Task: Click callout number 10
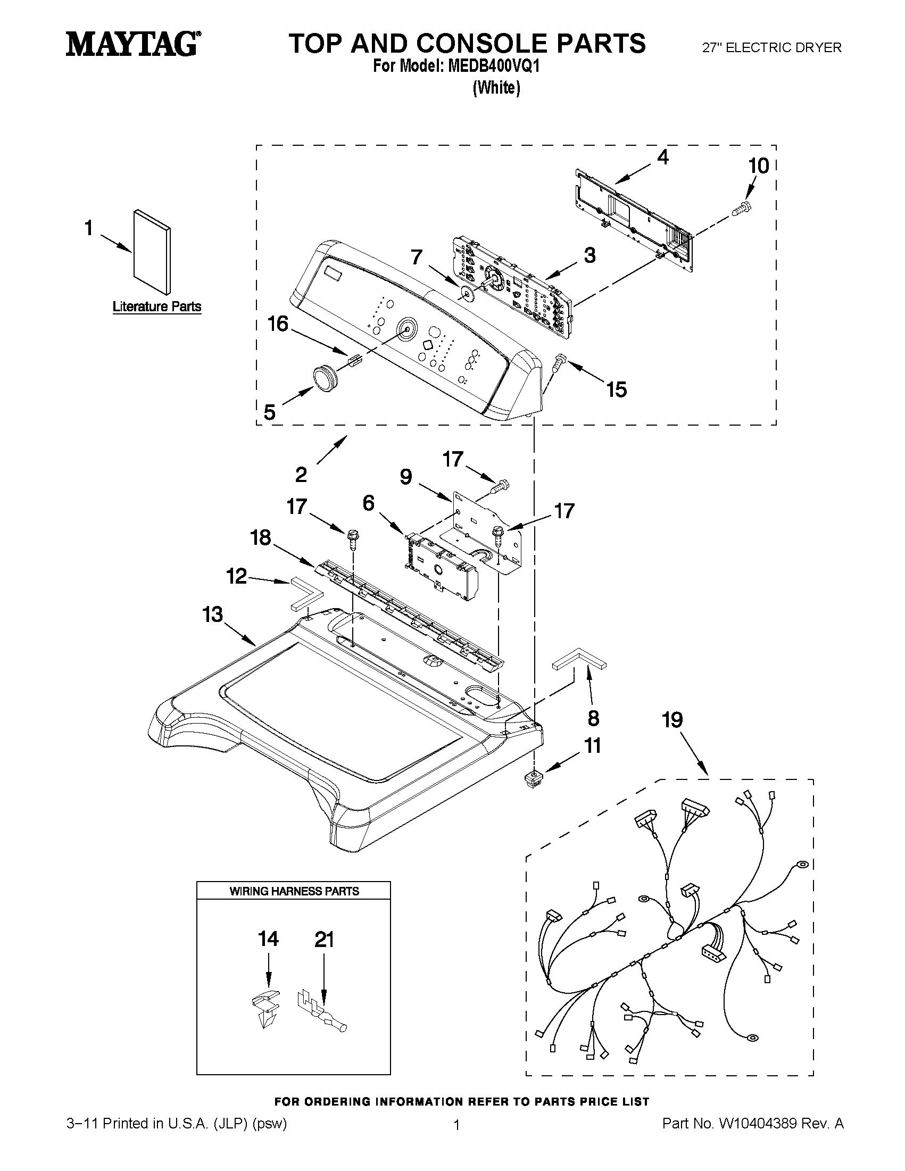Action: pos(758,166)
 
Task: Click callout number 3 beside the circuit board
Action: pos(590,255)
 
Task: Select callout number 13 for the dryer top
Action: pos(212,614)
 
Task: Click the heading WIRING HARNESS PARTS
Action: pos(294,891)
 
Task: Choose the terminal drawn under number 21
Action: pos(322,1008)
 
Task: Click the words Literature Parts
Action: pos(156,306)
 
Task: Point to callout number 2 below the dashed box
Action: pos(301,475)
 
